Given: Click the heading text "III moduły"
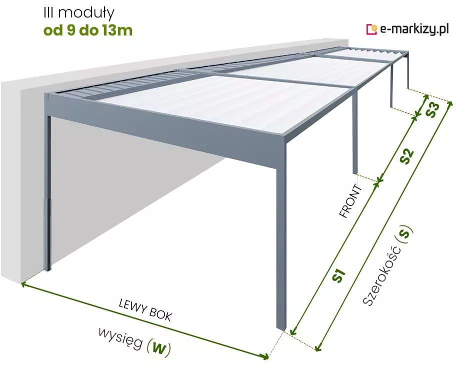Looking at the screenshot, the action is tap(79, 13).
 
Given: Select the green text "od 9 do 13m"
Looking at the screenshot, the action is tap(88, 30).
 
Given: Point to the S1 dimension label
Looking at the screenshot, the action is tap(339, 275).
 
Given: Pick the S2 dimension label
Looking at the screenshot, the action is tap(407, 156).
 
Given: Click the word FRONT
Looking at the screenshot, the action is tap(351, 201).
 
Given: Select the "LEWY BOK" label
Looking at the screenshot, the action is tap(145, 310).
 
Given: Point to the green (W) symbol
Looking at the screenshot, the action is tap(158, 348).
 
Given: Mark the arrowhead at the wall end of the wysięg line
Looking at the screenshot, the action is tap(24, 283).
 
